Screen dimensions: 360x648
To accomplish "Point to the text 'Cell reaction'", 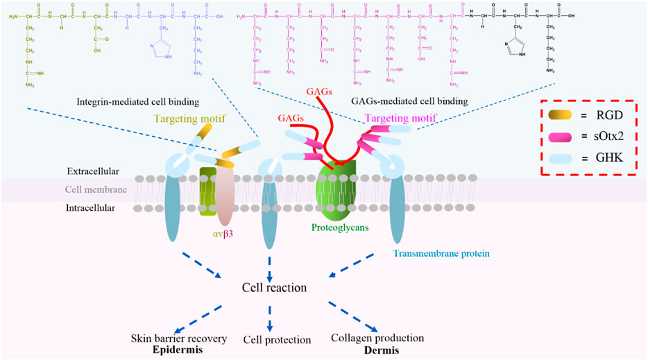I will click(x=274, y=287).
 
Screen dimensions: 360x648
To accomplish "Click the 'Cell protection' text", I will click(x=275, y=340).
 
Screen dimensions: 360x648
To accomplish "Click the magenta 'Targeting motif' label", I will click(x=398, y=119).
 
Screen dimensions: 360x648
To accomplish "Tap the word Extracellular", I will click(x=92, y=170).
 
